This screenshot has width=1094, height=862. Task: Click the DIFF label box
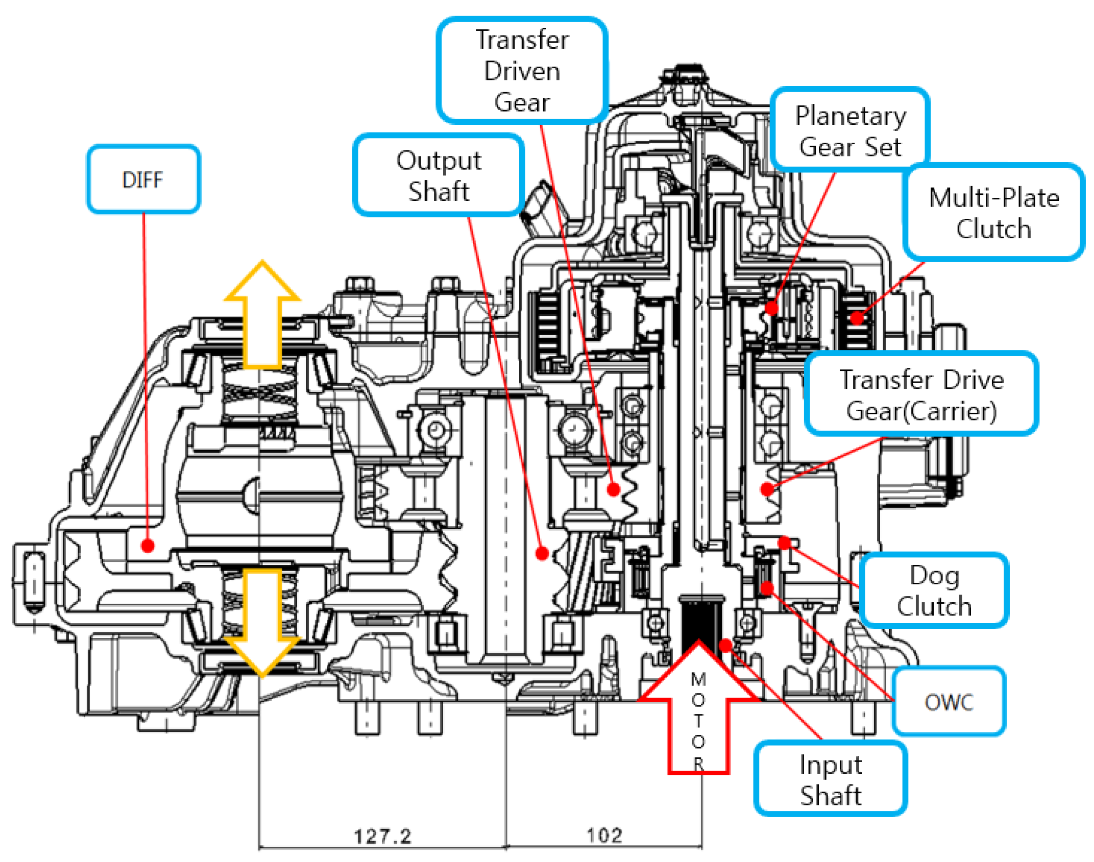[143, 180]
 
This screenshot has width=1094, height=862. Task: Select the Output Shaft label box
[438, 175]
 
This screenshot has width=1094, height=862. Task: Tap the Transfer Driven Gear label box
[522, 71]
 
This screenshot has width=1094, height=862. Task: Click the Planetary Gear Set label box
[850, 131]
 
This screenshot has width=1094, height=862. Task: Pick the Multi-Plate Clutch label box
[993, 212]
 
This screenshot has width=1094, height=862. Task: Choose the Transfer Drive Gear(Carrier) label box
[921, 395]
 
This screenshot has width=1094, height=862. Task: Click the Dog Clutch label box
[934, 591]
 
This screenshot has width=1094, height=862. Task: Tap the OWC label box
[948, 702]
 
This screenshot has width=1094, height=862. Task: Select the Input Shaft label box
[830, 780]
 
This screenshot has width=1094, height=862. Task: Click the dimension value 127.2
[382, 836]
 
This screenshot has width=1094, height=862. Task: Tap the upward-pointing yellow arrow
[262, 313]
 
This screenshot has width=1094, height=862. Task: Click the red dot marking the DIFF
[147, 546]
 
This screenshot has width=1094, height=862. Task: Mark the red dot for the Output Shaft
[542, 554]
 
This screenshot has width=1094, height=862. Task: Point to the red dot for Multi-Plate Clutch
[856, 318]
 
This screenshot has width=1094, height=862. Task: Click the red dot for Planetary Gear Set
[771, 307]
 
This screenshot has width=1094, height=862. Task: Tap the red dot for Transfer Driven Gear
[613, 489]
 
